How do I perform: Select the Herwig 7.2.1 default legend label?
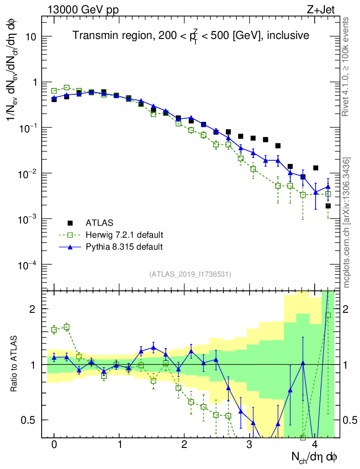pyautogui.click(x=125, y=235)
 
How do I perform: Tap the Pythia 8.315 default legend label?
pyautogui.click(x=124, y=247)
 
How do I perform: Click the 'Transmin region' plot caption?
pyautogui.click(x=191, y=35)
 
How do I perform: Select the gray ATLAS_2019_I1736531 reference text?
pyautogui.click(x=190, y=274)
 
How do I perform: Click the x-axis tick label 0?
pyautogui.click(x=54, y=445)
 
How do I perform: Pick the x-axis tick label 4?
pyautogui.click(x=315, y=445)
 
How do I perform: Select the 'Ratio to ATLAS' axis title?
pyautogui.click(x=14, y=364)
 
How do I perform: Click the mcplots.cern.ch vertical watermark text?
pyautogui.click(x=347, y=223)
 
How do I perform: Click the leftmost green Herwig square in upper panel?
pyautogui.click(x=54, y=91)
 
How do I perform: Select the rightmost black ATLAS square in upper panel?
pyautogui.click(x=328, y=206)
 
